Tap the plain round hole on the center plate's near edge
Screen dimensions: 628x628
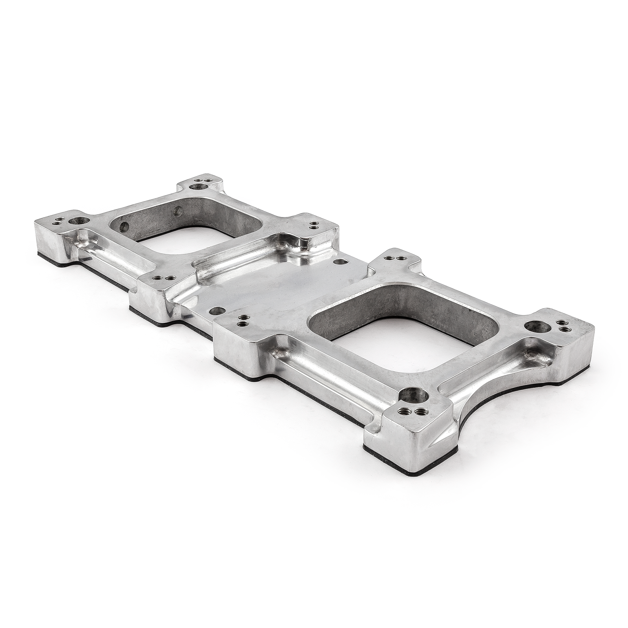click(x=215, y=311)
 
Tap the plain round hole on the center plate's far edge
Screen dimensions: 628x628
click(x=340, y=261)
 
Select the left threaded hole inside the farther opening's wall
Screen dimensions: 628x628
click(x=124, y=226)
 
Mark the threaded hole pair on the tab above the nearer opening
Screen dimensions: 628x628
click(x=394, y=258)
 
